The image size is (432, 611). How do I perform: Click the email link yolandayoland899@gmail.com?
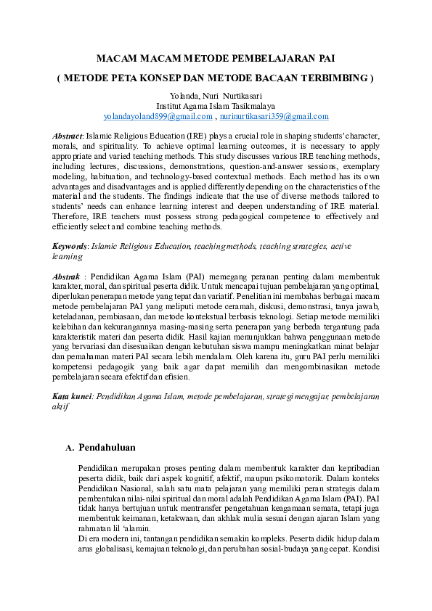click(158, 116)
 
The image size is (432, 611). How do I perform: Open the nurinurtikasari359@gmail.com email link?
click(274, 116)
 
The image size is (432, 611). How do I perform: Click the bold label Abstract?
click(68, 136)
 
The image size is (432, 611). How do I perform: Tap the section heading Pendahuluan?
click(107, 447)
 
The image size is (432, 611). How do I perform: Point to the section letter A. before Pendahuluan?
click(70, 448)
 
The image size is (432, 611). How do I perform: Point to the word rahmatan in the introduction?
click(96, 530)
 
